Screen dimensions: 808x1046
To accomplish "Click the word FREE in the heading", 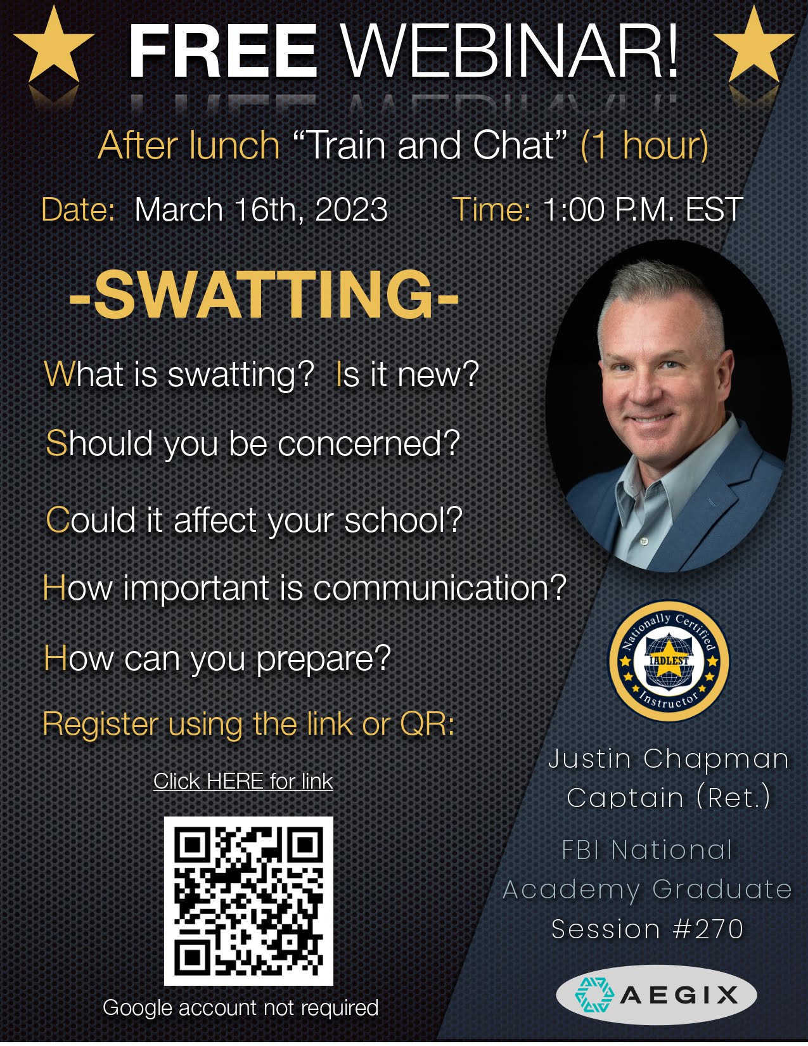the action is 222,50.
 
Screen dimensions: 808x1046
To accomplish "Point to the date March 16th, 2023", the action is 261,210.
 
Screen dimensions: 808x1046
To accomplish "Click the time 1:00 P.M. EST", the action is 643,209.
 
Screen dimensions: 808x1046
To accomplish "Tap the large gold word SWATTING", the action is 264,295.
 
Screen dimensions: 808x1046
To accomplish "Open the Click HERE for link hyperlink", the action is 243,782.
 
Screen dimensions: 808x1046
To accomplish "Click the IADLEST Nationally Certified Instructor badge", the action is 669,661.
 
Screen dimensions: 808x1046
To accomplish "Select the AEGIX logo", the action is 657,995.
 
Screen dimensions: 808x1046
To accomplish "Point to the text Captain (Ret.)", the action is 669,797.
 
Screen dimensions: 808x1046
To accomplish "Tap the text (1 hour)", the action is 645,145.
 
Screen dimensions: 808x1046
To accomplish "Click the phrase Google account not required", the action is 241,1008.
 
